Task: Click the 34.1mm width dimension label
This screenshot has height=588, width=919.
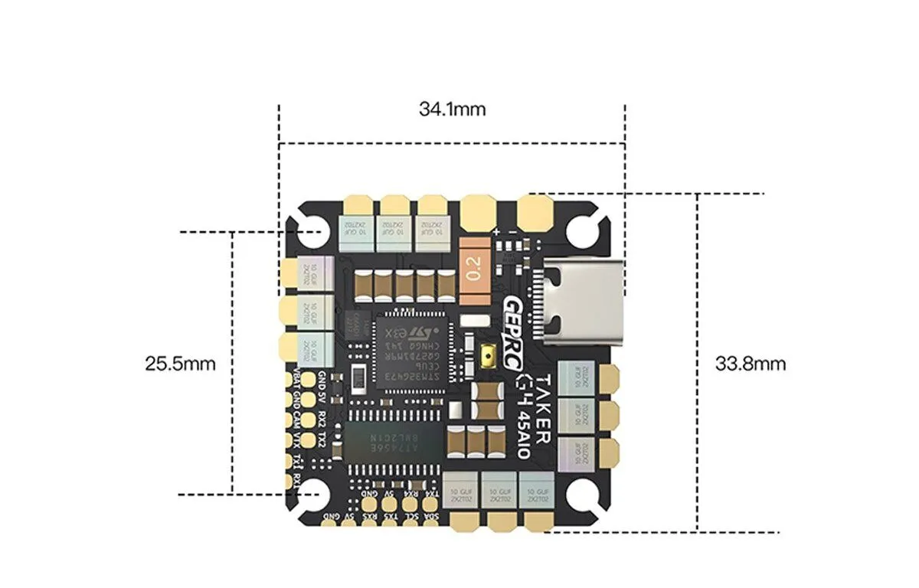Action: [452, 109]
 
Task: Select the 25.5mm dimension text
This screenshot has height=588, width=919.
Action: [180, 363]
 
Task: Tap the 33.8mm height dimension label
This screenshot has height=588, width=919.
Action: [750, 363]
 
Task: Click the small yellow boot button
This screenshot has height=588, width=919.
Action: [488, 357]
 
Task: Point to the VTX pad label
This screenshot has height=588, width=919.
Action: [298, 440]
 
